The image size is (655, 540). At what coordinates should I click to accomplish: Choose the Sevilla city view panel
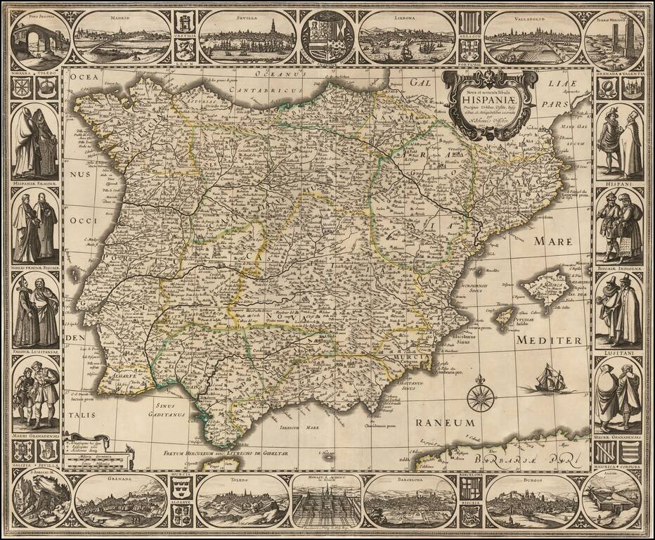247,37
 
